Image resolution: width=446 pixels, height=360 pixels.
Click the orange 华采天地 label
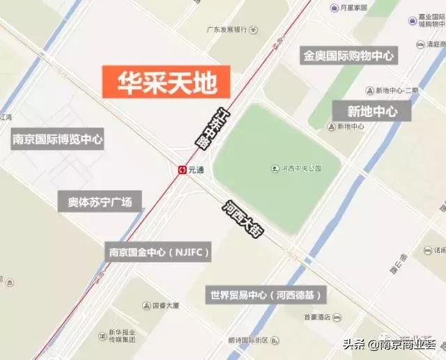point(165,81)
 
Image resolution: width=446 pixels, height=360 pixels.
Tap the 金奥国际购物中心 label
point(348,56)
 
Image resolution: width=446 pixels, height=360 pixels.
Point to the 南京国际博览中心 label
point(58,139)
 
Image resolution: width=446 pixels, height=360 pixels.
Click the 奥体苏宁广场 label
point(100,202)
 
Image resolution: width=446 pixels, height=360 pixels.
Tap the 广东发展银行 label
point(227,29)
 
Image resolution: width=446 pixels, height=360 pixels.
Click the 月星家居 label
point(353,8)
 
